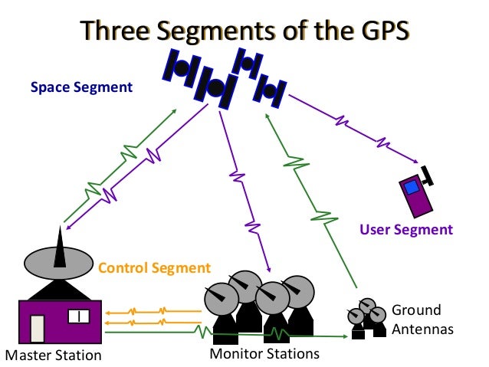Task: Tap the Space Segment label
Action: tap(81, 87)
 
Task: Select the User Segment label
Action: tap(406, 229)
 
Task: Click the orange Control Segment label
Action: tap(153, 268)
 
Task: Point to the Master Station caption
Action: tap(52, 355)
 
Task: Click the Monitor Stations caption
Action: tap(264, 354)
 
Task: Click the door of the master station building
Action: tap(38, 329)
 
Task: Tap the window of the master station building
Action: tap(79, 316)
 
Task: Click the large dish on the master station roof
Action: tap(60, 262)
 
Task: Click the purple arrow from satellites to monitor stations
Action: tap(244, 191)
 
